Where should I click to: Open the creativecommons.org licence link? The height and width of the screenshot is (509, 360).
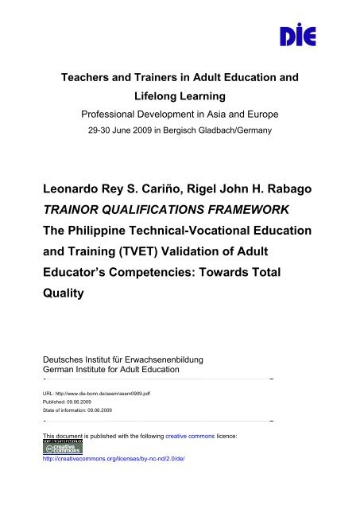point(115,459)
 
